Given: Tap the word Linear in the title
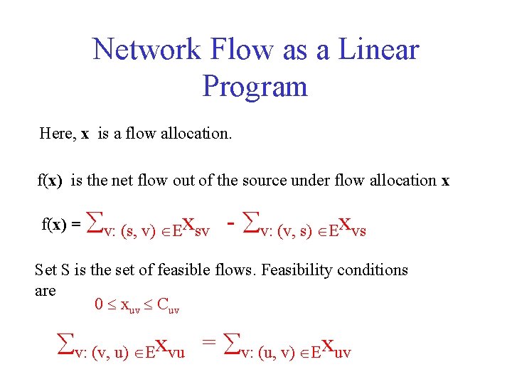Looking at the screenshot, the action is tap(378, 50).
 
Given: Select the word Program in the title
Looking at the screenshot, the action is tap(255, 87).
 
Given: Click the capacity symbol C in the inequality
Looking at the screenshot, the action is tap(161, 306).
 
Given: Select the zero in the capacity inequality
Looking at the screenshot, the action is tap(99, 306).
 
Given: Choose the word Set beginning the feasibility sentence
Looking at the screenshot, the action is tap(46, 270).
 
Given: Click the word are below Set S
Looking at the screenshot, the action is tap(45, 290).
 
